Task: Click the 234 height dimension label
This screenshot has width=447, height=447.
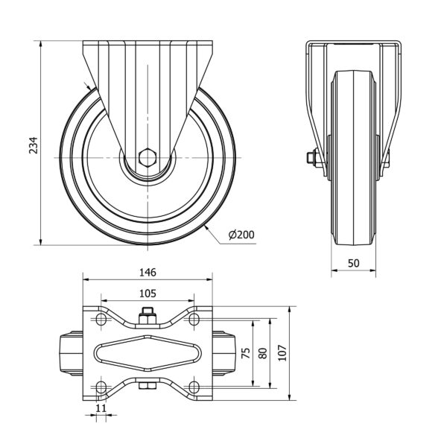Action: [34, 145]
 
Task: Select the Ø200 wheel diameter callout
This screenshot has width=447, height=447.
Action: [241, 235]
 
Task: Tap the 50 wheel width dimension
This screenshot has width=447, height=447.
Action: [353, 263]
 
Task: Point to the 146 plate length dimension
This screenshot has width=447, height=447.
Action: [148, 273]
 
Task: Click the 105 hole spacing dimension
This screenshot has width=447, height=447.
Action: [148, 294]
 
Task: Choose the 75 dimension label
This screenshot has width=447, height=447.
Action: [245, 353]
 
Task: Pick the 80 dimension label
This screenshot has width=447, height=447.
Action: [262, 353]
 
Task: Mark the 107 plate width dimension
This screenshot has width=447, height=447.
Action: [282, 353]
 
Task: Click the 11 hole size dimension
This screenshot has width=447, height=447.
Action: [101, 408]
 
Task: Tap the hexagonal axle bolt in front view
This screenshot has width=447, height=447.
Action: [148, 157]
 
